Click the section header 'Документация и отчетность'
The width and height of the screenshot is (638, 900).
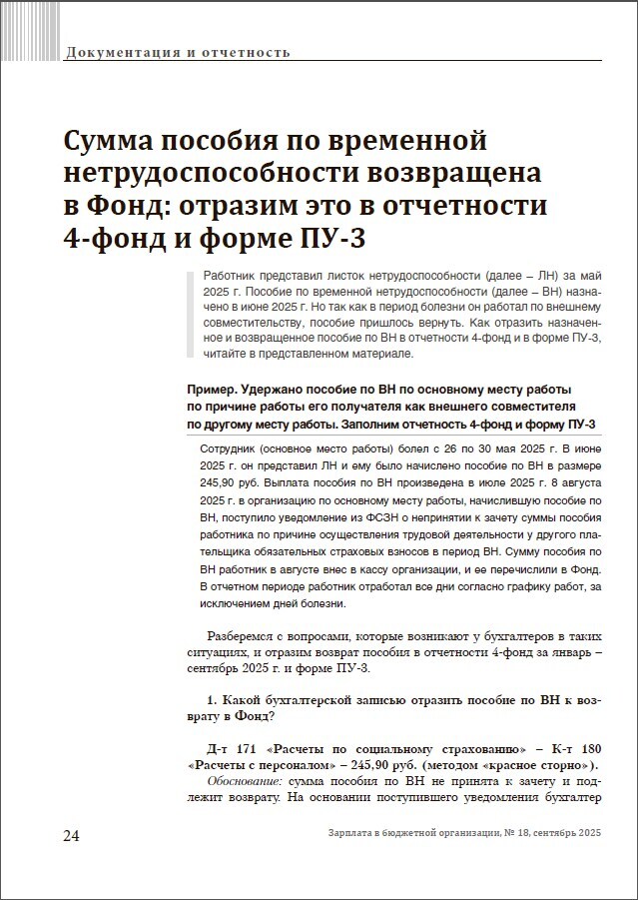coord(177,51)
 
